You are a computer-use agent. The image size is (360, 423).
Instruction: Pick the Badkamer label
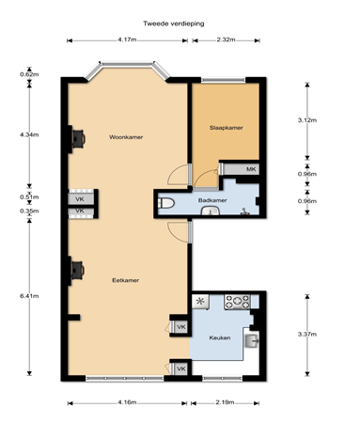pos(211,201)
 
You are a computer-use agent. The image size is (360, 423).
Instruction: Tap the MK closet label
pos(250,169)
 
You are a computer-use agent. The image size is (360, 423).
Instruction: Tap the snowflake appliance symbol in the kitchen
pos(199,302)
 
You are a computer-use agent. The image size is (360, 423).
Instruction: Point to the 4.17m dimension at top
pos(128,40)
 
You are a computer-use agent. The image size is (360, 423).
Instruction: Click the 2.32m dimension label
pos(225,40)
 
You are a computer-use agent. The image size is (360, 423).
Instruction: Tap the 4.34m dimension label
pos(27,134)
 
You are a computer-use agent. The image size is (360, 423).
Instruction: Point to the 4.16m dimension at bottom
pos(127,402)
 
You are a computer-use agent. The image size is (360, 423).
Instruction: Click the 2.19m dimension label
pos(225,402)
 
